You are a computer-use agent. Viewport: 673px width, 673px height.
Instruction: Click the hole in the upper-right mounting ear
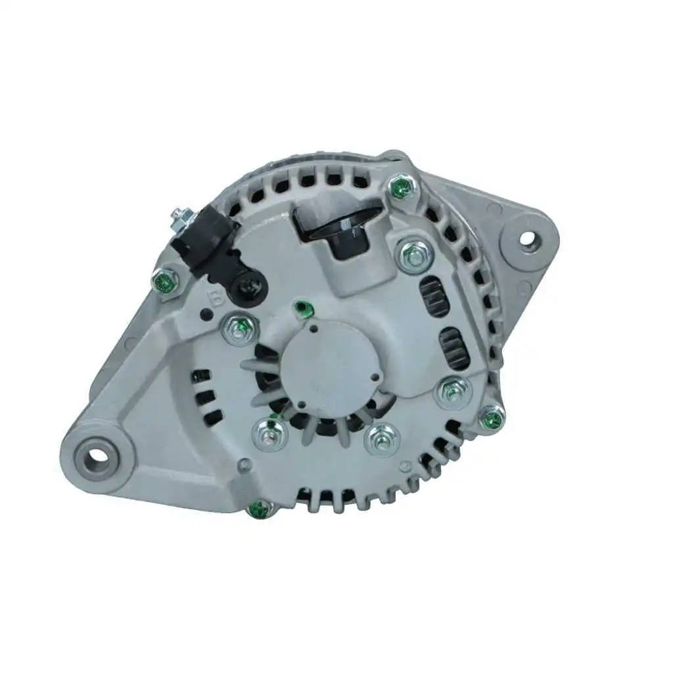[527, 238]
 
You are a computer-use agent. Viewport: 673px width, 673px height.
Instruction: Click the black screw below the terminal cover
[250, 287]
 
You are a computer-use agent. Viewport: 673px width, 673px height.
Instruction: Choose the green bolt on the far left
[164, 282]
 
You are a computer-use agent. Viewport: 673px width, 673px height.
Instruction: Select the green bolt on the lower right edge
[492, 417]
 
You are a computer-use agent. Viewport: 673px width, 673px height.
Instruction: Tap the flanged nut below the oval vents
[453, 392]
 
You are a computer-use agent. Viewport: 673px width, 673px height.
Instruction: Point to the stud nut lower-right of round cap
[381, 438]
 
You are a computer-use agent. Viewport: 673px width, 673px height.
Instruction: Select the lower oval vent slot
[454, 347]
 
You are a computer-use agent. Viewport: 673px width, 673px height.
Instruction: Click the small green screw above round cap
[302, 308]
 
